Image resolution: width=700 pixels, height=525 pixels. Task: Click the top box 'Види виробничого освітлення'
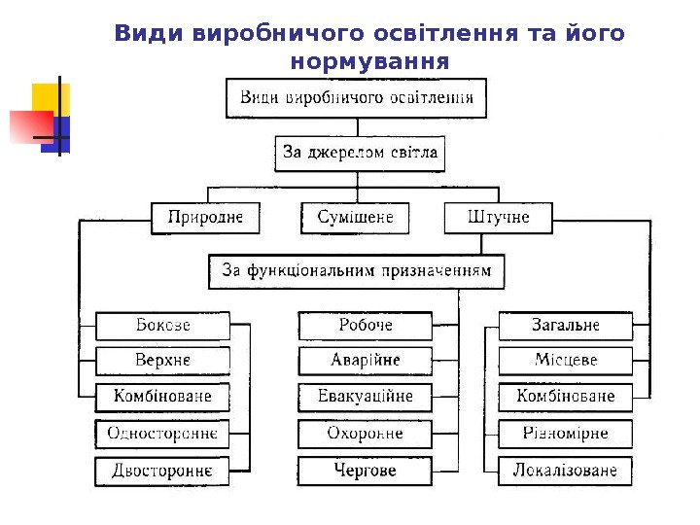pyautogui.click(x=357, y=98)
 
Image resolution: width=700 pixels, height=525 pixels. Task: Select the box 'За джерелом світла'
pyautogui.click(x=360, y=153)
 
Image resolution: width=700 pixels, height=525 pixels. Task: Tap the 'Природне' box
pyautogui.click(x=205, y=218)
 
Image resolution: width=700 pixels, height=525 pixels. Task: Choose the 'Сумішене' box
pyautogui.click(x=356, y=218)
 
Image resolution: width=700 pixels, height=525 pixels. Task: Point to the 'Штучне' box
pyautogui.click(x=499, y=218)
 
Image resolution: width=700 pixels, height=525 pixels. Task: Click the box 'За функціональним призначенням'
pyautogui.click(x=357, y=271)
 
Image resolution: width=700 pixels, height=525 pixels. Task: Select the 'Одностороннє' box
pyautogui.click(x=162, y=434)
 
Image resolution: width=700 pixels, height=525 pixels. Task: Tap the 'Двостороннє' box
pyautogui.click(x=162, y=472)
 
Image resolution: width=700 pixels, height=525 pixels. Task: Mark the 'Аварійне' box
pyautogui.click(x=366, y=361)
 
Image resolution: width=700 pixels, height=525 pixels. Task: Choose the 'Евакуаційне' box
pyautogui.click(x=366, y=397)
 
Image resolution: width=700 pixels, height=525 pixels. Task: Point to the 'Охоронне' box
pyautogui.click(x=366, y=434)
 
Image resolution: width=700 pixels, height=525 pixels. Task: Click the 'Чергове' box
pyautogui.click(x=366, y=472)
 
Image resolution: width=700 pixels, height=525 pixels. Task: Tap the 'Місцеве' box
pyautogui.click(x=566, y=361)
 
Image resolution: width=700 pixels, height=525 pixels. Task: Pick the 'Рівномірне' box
pyautogui.click(x=566, y=434)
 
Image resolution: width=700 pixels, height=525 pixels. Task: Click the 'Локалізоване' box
pyautogui.click(x=566, y=472)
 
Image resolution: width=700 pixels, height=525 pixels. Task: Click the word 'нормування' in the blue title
pyautogui.click(x=369, y=61)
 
